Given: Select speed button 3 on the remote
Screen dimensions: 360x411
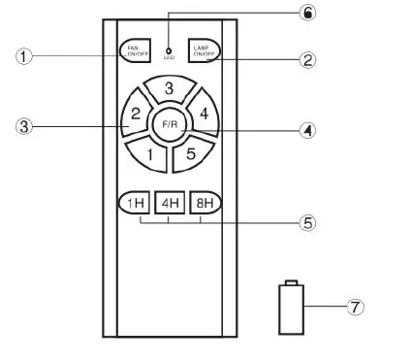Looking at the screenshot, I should (x=168, y=90).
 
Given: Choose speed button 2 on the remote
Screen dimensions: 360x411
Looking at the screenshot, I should (x=136, y=115).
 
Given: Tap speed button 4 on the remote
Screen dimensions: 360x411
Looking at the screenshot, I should (x=203, y=115).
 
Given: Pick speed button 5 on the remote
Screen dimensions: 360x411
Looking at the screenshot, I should (x=191, y=153).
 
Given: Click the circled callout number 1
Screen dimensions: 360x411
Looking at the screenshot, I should (x=24, y=56).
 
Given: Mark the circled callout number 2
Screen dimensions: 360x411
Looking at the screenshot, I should (x=307, y=59).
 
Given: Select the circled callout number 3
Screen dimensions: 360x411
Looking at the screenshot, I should (x=24, y=126).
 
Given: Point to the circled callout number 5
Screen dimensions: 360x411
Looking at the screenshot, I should (x=307, y=222).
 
